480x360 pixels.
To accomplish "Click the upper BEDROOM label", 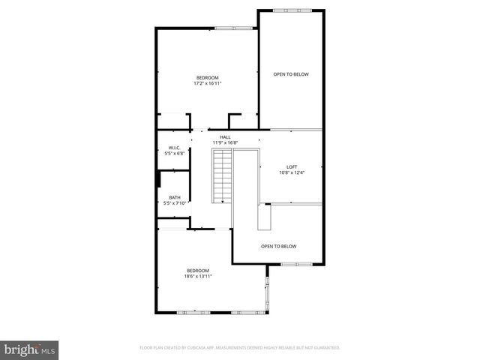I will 208,78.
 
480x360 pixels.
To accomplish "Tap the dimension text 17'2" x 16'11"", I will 208,84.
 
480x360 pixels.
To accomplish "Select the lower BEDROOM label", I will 198,271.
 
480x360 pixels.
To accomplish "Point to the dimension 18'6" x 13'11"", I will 198,277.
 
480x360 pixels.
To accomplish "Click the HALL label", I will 225,137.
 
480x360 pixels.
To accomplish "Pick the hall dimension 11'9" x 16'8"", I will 225,142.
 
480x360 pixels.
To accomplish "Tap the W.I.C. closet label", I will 174,148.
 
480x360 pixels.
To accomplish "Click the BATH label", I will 174,197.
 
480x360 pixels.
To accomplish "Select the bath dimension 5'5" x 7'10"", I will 174,203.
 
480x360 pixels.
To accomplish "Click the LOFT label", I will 292,166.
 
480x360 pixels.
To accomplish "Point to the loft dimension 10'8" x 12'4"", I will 292,172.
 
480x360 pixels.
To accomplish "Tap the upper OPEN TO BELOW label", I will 291,74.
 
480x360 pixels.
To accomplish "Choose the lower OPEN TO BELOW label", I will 279,247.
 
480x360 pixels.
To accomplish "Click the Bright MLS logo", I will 30,349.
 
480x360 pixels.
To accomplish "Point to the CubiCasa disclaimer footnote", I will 240,348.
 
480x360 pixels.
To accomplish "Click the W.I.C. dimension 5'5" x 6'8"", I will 174,154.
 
